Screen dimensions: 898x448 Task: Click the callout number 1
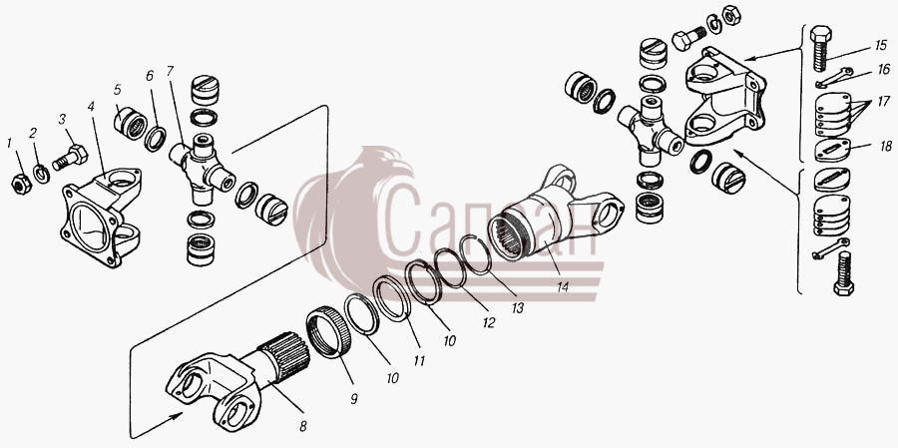[9, 143]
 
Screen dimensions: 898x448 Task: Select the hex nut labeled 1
[21, 184]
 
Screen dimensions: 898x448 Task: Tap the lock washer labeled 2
[41, 173]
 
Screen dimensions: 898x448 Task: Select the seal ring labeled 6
[155, 140]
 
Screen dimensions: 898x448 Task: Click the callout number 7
[170, 72]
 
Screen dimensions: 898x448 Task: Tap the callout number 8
[303, 426]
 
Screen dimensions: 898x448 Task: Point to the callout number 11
[420, 361]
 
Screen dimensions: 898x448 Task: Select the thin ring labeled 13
[476, 255]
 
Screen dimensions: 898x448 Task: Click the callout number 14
[563, 286]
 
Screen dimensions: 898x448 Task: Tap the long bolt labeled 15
[821, 49]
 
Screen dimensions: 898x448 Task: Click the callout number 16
[884, 69]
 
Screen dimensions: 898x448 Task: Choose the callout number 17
[884, 102]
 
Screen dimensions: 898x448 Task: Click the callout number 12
[488, 322]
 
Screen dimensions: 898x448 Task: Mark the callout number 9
[354, 399]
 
